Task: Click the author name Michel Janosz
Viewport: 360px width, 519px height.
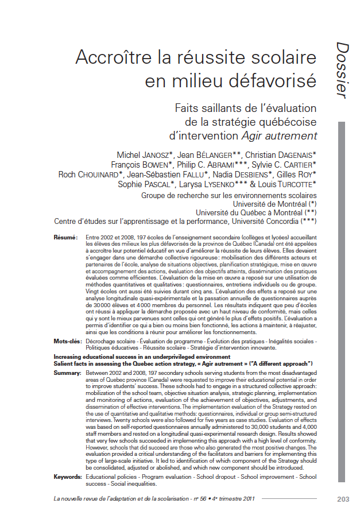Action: click(x=144, y=155)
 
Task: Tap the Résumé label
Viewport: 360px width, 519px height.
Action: click(x=65, y=237)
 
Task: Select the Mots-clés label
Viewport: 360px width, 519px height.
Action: click(x=67, y=341)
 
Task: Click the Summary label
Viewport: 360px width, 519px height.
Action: click(x=66, y=373)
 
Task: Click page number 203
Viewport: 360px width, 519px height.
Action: click(x=343, y=499)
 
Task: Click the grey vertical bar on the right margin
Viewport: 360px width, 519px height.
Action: click(x=342, y=287)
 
